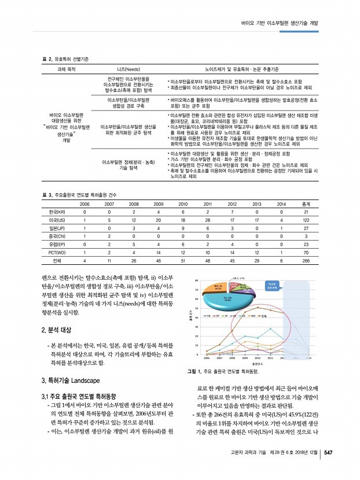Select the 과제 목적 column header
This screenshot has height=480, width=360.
67,68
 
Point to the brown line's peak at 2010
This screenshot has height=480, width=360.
258,307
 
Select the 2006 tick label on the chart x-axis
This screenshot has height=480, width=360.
208,357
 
